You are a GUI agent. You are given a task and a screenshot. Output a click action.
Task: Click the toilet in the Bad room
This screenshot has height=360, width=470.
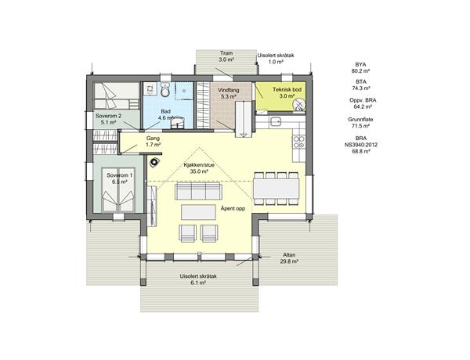point(164,89)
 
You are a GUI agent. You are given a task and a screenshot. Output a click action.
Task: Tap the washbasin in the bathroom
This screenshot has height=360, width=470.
point(178,122)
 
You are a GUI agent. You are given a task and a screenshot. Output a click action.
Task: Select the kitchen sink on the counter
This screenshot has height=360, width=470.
point(275,121)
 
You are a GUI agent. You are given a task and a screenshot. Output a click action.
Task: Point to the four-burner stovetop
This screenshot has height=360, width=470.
point(299,142)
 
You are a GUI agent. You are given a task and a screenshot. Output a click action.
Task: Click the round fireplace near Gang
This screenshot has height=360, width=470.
point(154,162)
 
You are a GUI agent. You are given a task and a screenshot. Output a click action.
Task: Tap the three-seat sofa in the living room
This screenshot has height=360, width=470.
point(199,192)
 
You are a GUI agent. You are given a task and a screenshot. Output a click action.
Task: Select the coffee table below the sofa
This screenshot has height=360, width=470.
point(198,212)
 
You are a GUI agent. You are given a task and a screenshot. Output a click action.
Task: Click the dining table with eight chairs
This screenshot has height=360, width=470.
point(276,189)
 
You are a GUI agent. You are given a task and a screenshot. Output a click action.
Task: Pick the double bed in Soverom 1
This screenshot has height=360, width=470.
point(118,189)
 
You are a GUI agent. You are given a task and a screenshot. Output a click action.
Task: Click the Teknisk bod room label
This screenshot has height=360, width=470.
point(287,93)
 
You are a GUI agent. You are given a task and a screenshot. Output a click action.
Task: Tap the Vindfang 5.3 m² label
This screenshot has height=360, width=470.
point(229,93)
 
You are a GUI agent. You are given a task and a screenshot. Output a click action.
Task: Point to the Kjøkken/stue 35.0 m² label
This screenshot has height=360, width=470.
point(199,168)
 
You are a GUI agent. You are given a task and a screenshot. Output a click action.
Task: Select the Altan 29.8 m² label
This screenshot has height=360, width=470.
point(289,258)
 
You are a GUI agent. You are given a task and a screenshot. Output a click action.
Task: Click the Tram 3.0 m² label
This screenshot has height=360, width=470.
point(226,56)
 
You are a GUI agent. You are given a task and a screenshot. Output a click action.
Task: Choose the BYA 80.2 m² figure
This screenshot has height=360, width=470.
point(360,67)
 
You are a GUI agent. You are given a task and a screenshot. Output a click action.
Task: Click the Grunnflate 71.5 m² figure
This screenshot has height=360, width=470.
point(360,123)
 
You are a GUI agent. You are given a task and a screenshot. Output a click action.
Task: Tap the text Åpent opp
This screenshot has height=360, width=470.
point(233,208)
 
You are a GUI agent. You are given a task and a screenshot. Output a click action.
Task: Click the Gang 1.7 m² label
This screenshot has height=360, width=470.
point(153,142)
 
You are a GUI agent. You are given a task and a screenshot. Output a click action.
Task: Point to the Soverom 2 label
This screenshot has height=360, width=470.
point(109,116)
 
